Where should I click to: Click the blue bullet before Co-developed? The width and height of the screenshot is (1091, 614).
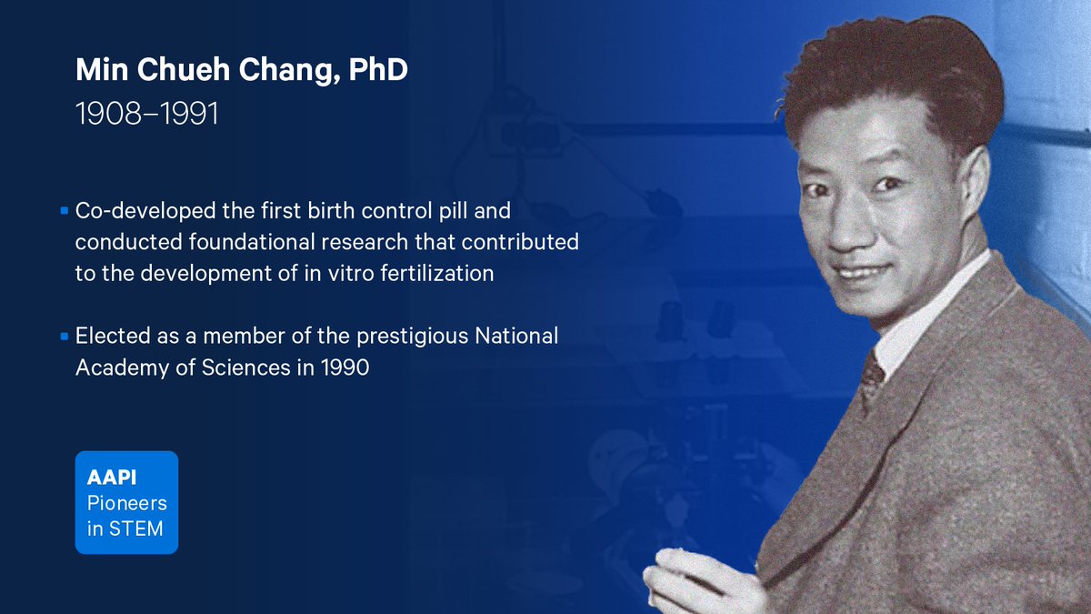(65, 211)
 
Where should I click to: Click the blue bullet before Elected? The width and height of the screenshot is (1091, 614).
(65, 337)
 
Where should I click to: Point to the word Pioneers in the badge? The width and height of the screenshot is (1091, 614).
(126, 502)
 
